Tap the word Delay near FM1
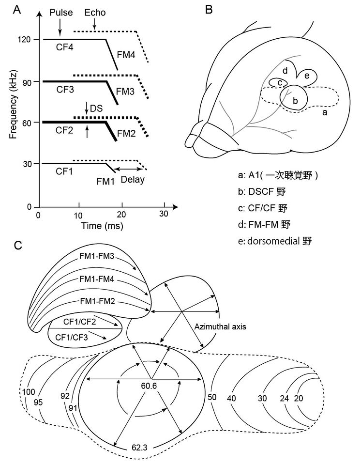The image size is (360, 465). click(x=133, y=179)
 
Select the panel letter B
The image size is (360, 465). click(x=209, y=10)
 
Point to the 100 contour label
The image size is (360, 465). click(x=29, y=391)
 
